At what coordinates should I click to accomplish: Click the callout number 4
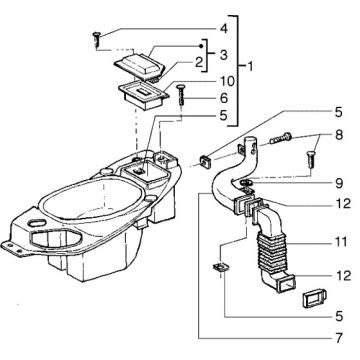tap(224, 28)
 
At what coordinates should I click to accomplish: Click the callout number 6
tap(225, 98)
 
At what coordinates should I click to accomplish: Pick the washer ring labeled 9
tap(246, 183)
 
